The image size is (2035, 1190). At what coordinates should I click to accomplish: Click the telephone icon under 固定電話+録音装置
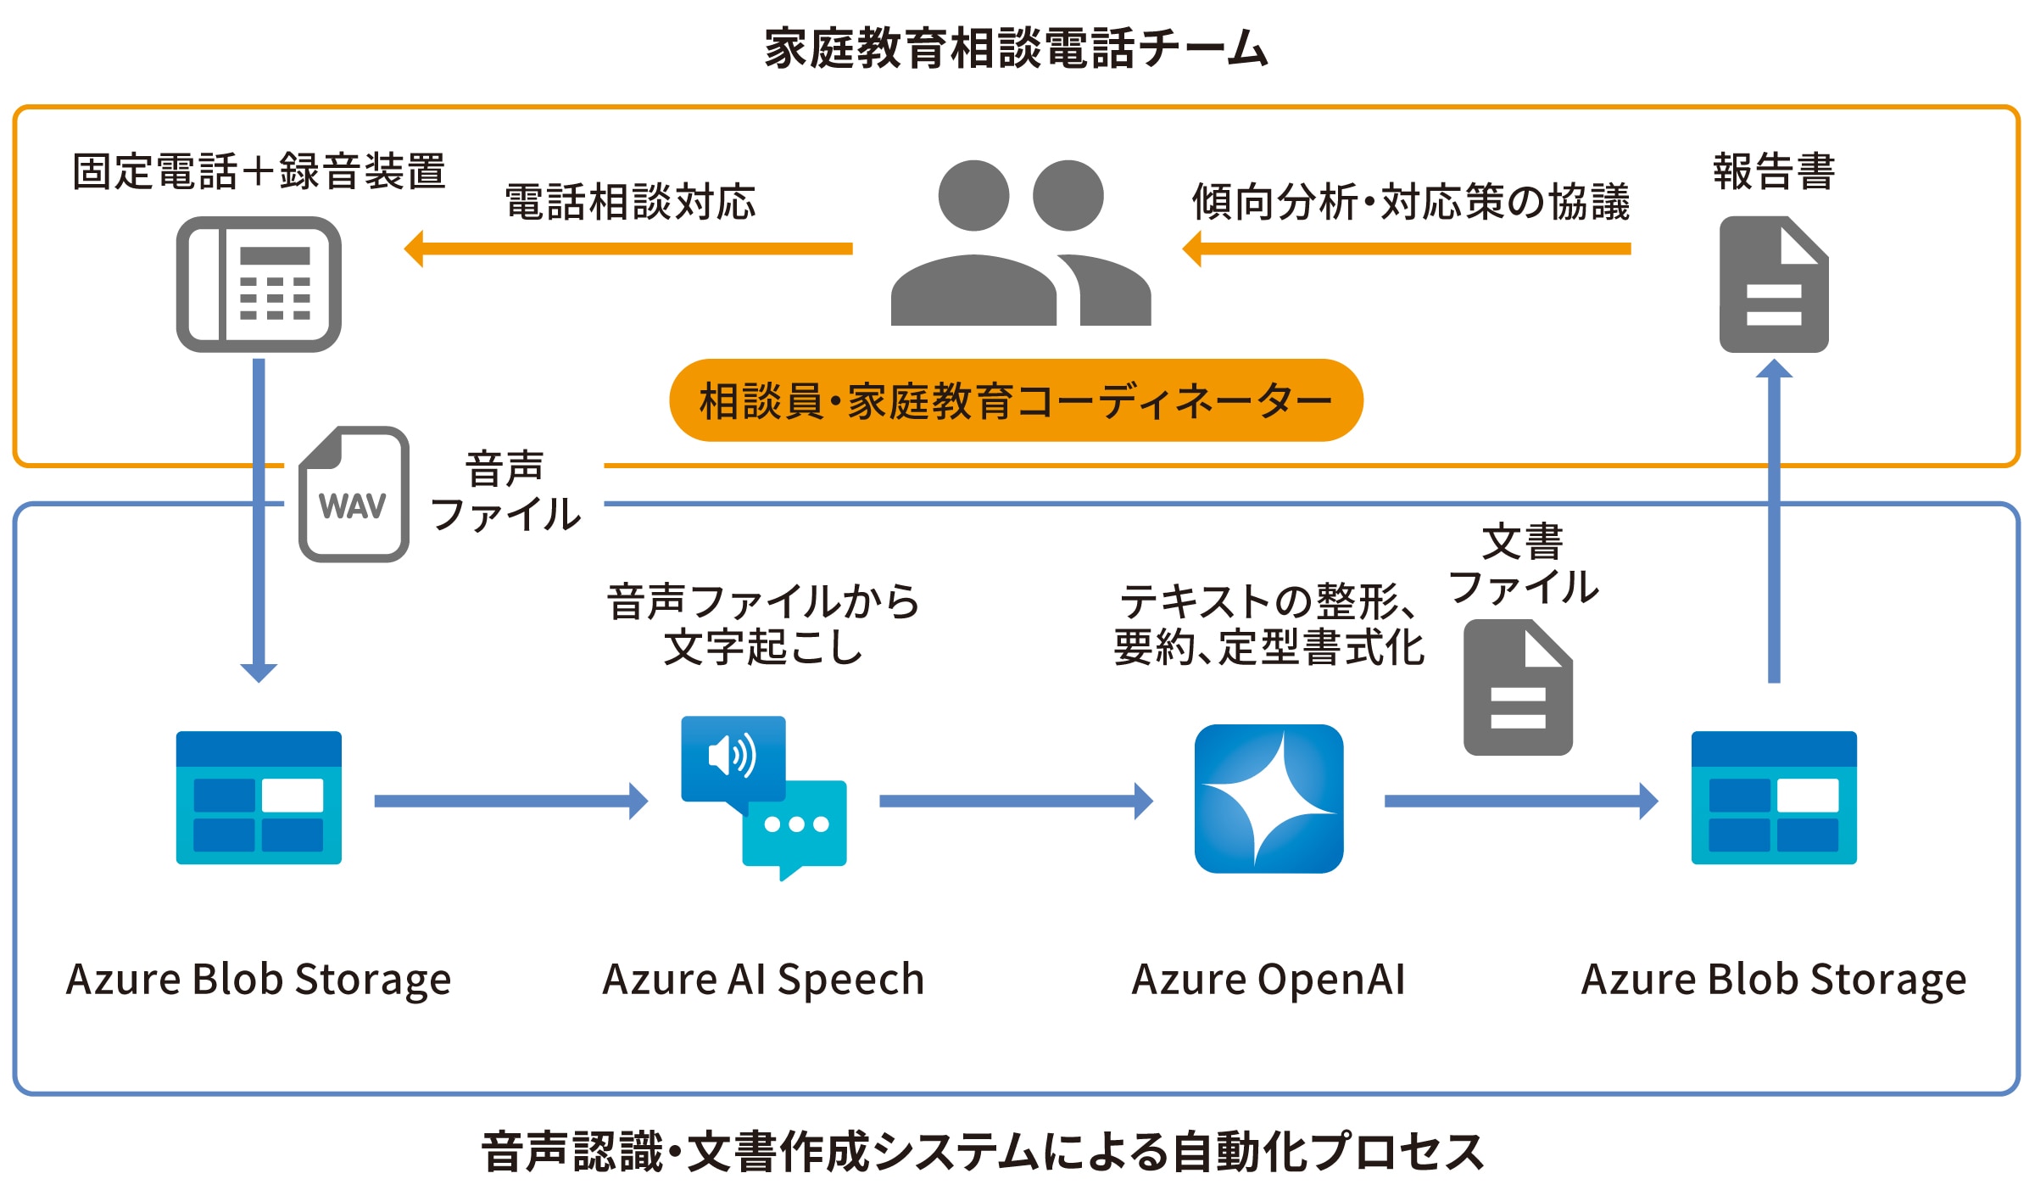[259, 284]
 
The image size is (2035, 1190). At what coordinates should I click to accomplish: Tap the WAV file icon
[354, 494]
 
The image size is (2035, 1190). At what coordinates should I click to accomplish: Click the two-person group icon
[1020, 243]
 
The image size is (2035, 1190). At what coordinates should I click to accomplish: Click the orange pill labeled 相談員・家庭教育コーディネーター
[1015, 400]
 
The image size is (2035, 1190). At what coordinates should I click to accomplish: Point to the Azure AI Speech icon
[763, 797]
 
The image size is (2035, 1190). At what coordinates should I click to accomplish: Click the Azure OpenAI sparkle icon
[1268, 798]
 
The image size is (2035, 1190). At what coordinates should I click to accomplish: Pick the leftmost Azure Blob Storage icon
[259, 797]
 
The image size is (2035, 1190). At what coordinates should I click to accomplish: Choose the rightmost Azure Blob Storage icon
[1773, 797]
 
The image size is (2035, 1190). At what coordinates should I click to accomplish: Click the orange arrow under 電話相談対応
[627, 249]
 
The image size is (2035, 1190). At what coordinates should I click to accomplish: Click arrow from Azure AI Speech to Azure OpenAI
[1016, 801]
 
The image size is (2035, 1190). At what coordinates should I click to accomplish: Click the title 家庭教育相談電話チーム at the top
[1016, 48]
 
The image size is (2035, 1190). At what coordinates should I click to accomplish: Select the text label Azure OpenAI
[1268, 979]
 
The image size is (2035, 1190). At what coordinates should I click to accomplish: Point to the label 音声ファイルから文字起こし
[763, 624]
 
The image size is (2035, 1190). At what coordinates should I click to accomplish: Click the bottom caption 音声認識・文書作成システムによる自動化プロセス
[982, 1152]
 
